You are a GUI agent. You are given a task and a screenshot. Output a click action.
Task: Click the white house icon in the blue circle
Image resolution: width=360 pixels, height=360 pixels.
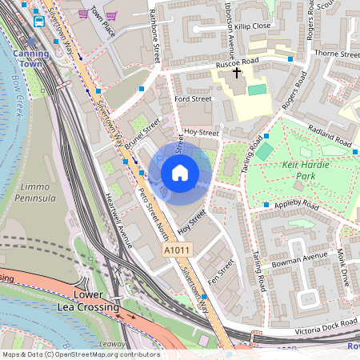tap(180, 172)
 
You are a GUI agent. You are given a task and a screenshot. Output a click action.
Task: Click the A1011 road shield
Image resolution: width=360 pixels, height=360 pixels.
tap(177, 250)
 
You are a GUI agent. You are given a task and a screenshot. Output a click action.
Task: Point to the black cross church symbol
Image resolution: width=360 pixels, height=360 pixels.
tap(236, 73)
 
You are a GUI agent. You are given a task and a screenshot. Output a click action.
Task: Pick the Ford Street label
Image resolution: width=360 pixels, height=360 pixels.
tap(193, 98)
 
